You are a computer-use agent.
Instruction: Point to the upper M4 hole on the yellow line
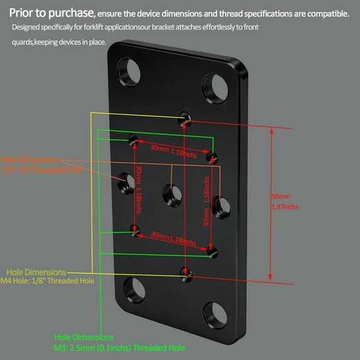point(183,117)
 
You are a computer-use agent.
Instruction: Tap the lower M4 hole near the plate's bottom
point(185,273)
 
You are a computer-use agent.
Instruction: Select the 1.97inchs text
point(285,207)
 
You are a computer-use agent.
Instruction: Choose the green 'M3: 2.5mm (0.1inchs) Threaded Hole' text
point(119,347)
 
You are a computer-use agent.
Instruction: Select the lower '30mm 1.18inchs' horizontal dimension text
point(168,237)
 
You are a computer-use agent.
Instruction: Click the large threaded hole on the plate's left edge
point(126,182)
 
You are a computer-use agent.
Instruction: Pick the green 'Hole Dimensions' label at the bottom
point(84,337)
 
